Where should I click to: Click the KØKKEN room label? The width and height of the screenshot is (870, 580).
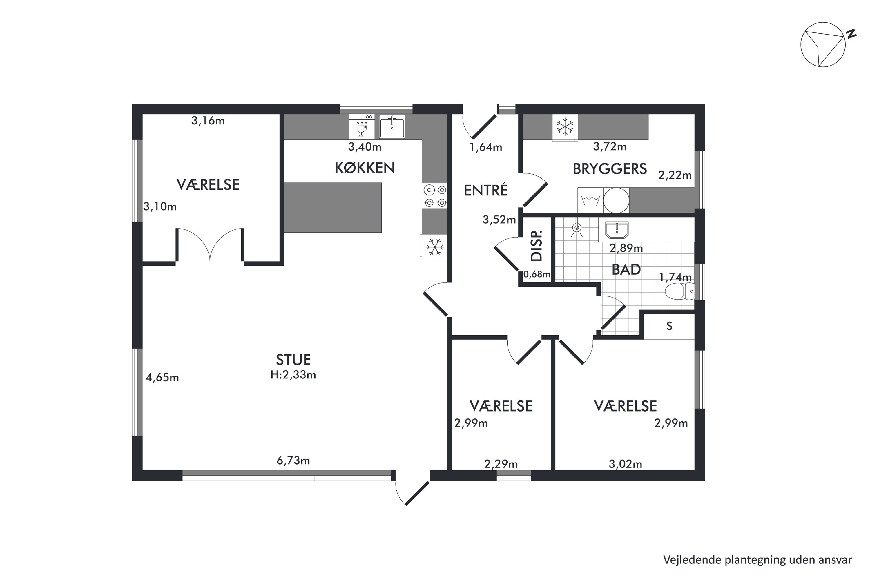pyautogui.click(x=365, y=168)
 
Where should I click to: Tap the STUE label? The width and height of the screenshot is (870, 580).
pyautogui.click(x=293, y=360)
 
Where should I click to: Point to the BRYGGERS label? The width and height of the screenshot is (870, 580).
pyautogui.click(x=610, y=169)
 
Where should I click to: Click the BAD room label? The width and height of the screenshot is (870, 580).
pyautogui.click(x=626, y=270)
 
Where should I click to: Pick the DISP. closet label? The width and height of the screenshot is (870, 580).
pyautogui.click(x=536, y=246)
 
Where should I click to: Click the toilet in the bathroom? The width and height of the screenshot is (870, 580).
pyautogui.click(x=679, y=291)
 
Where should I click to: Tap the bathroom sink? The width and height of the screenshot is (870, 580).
pyautogui.click(x=617, y=230)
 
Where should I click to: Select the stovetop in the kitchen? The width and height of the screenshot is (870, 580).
pyautogui.click(x=435, y=196)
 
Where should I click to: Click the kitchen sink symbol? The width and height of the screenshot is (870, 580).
pyautogui.click(x=392, y=126)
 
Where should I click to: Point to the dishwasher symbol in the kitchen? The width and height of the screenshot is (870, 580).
pyautogui.click(x=362, y=126)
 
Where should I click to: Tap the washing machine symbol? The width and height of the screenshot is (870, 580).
pyautogui.click(x=590, y=200)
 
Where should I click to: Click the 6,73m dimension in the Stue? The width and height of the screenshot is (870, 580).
pyautogui.click(x=293, y=461)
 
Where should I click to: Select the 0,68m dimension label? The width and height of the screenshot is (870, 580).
pyautogui.click(x=536, y=274)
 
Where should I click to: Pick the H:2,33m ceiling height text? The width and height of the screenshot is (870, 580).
pyautogui.click(x=293, y=375)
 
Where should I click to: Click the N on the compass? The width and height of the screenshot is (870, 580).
pyautogui.click(x=851, y=34)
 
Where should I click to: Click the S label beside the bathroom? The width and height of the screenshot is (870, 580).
pyautogui.click(x=669, y=326)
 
